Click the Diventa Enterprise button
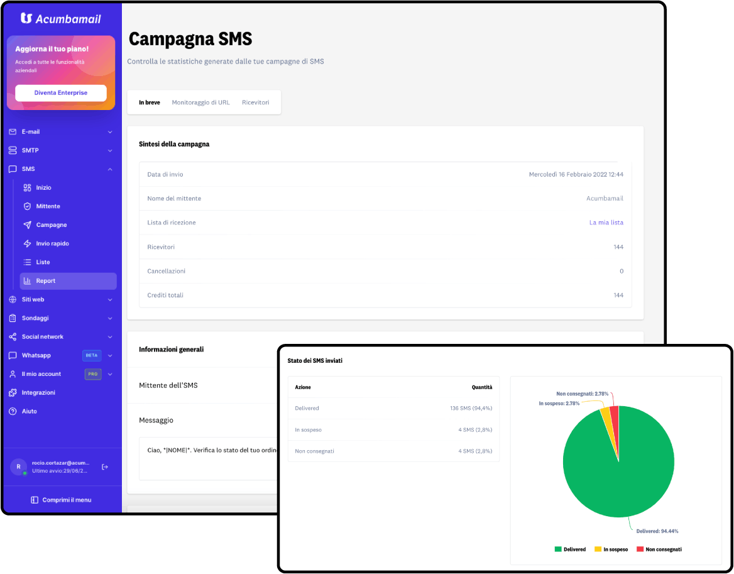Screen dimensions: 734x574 (x=61, y=92)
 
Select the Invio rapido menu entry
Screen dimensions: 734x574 (x=52, y=243)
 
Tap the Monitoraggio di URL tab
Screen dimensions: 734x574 (x=201, y=102)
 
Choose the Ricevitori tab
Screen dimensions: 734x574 (x=256, y=102)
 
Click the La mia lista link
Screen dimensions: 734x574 (x=606, y=223)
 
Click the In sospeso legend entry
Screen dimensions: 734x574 (x=611, y=549)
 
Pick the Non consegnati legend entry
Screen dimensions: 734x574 (x=659, y=549)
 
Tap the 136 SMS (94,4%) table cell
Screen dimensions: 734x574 (x=471, y=408)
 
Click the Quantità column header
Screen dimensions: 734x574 (x=481, y=387)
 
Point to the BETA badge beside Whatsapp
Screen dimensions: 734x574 (x=92, y=355)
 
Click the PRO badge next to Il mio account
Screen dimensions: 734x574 (x=92, y=374)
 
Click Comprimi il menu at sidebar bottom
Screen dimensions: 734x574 (x=61, y=500)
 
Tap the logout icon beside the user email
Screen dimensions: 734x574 (x=105, y=466)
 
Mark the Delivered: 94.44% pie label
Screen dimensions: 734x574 (x=657, y=531)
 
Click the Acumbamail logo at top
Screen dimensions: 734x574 (x=61, y=19)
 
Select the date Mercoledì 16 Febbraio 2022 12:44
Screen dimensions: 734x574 (x=576, y=175)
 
